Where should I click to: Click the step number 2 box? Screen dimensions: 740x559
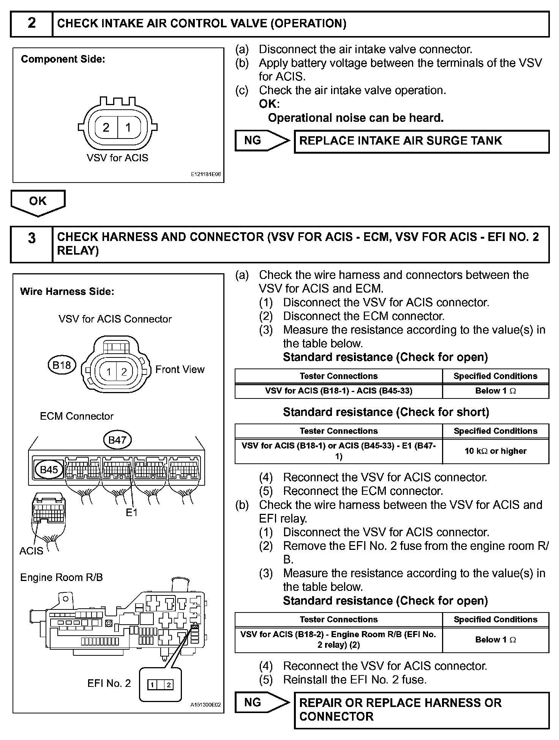pyautogui.click(x=32, y=24)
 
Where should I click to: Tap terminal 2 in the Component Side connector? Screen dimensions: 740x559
pyautogui.click(x=106, y=128)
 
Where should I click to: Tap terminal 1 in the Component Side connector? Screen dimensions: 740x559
pyautogui.click(x=128, y=128)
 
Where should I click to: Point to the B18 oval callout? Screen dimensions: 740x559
pyautogui.click(x=62, y=365)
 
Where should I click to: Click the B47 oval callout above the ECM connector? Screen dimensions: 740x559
pyautogui.click(x=117, y=440)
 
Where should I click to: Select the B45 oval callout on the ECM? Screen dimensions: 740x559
pyautogui.click(x=49, y=470)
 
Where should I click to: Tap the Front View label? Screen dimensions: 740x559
pyautogui.click(x=180, y=370)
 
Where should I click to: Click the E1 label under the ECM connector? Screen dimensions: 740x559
pyautogui.click(x=131, y=513)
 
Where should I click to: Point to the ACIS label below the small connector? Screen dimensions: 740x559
pyautogui.click(x=31, y=551)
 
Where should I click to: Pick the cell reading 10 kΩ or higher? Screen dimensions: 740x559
pyautogui.click(x=495, y=451)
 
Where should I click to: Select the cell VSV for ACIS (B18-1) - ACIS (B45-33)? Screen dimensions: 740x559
pyautogui.click(x=338, y=391)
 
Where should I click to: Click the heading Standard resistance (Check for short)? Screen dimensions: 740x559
pyautogui.click(x=386, y=412)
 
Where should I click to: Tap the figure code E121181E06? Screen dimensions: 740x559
pyautogui.click(x=206, y=175)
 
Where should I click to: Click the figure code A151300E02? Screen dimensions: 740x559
pyautogui.click(x=205, y=705)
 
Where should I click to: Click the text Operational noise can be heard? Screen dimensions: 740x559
pyautogui.click(x=355, y=118)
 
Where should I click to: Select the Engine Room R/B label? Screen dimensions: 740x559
pyautogui.click(x=62, y=578)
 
